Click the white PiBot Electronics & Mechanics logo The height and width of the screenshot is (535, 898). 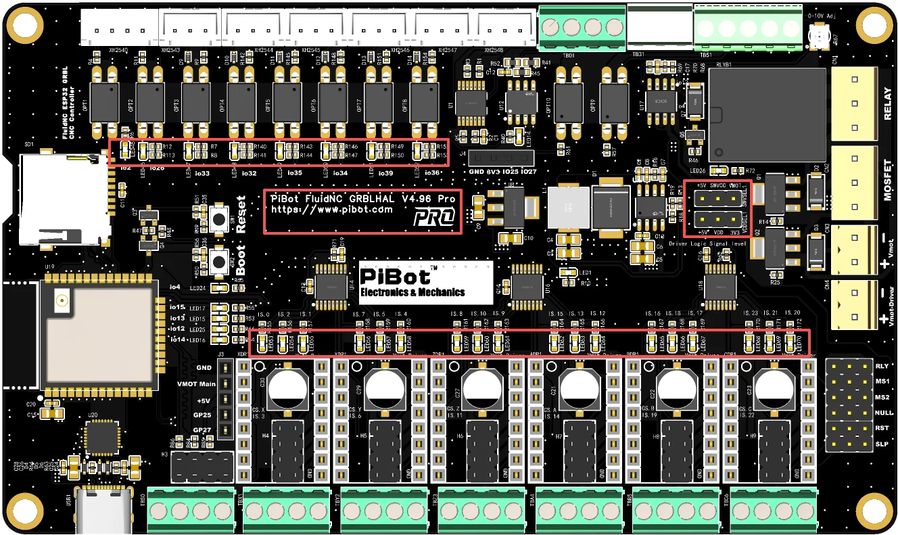point(425,283)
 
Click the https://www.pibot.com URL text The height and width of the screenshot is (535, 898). point(331,210)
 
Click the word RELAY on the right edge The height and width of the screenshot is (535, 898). point(888,103)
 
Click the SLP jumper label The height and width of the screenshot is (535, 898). point(882,444)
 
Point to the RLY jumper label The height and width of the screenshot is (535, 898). point(882,366)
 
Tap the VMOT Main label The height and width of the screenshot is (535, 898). point(196,383)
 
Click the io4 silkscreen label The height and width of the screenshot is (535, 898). point(175,287)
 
